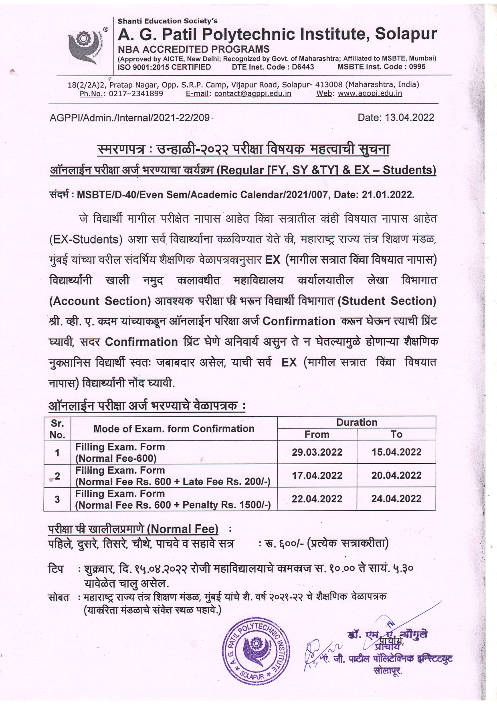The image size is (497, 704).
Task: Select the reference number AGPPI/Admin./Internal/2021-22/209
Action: coord(129,118)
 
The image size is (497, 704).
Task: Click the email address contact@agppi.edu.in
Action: coord(253,94)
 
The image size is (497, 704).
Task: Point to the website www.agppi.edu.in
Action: coord(370,94)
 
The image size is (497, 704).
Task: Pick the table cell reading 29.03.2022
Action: coord(317,452)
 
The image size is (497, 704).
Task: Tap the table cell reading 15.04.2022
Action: coord(396,452)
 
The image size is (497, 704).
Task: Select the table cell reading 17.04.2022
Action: coord(317,475)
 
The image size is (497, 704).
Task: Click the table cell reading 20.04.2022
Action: coord(396,475)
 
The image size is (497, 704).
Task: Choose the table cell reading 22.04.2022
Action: coord(317,499)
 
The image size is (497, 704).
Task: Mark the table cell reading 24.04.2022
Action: coord(396,499)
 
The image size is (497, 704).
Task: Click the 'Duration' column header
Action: coord(356,422)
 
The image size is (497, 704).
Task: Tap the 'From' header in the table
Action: coord(317,434)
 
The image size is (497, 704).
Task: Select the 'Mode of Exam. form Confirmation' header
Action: coord(174,428)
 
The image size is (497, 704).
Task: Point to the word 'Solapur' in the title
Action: coord(406,34)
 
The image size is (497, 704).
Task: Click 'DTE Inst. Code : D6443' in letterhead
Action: coord(273,67)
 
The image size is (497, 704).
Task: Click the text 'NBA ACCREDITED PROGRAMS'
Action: coord(194,49)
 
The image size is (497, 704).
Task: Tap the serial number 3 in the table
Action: coord(57,499)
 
